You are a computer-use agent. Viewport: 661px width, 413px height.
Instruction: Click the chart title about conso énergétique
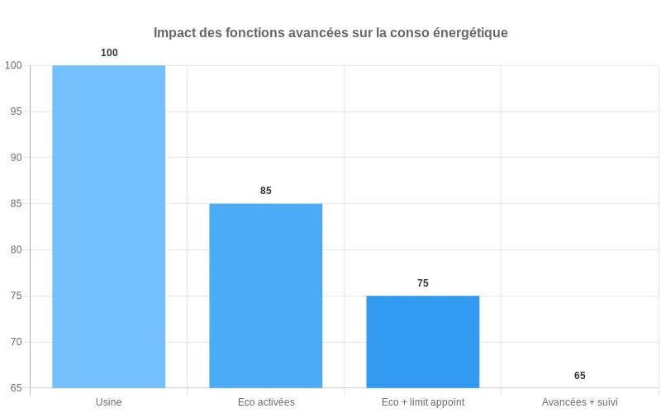[330, 33]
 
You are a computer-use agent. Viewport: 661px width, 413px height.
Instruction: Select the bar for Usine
[109, 226]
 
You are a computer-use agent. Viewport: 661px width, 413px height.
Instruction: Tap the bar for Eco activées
[266, 296]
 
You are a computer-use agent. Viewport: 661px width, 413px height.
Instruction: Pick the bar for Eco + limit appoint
[423, 342]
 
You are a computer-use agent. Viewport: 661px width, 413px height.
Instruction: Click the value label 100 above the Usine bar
[109, 53]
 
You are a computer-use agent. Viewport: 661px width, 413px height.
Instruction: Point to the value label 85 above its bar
[266, 191]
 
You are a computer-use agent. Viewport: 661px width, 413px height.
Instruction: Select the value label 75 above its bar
[423, 283]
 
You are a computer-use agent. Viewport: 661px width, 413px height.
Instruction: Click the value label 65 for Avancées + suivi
[580, 376]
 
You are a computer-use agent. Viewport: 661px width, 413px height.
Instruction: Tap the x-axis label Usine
[109, 402]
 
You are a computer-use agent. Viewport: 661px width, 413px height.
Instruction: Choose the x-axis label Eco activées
[266, 402]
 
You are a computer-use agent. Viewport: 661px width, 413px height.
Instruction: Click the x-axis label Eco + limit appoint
[423, 402]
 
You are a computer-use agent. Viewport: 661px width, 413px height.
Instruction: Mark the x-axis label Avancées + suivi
[580, 402]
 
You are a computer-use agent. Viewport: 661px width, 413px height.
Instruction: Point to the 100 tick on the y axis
[13, 65]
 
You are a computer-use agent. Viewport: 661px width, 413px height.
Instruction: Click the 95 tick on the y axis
[16, 112]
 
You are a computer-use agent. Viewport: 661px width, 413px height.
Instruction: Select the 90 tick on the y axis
[16, 158]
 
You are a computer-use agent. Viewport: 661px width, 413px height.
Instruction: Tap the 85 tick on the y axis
[16, 204]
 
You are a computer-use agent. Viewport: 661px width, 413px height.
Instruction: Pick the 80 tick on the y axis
[16, 249]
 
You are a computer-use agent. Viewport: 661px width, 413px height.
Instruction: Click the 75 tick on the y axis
[16, 296]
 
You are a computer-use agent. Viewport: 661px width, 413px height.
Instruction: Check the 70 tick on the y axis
[16, 342]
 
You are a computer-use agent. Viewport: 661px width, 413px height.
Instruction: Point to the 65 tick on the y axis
[16, 388]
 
